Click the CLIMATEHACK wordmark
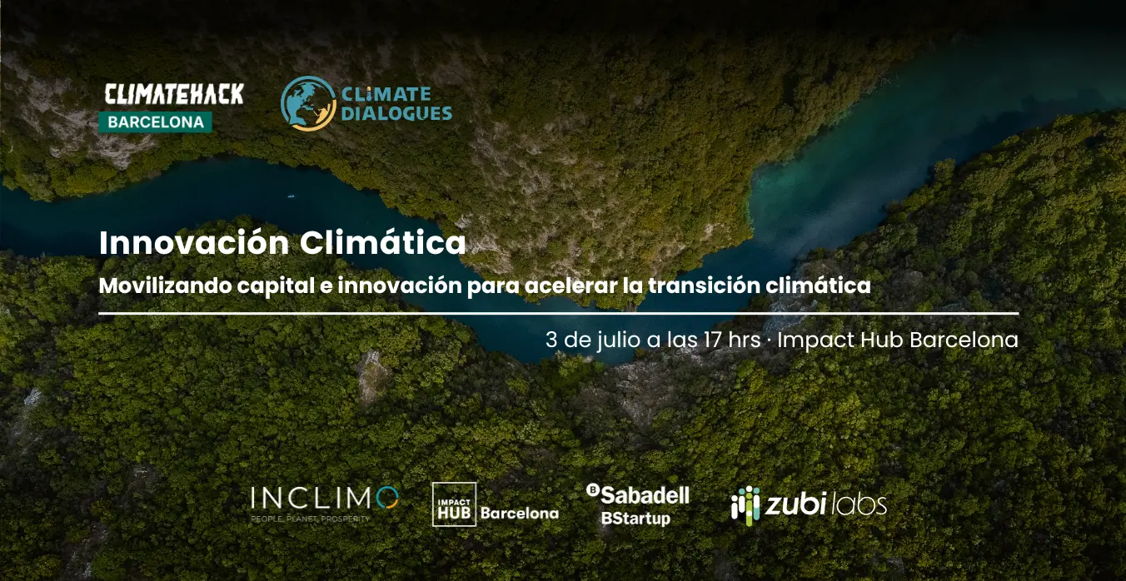click(174, 95)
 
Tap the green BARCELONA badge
click(156, 122)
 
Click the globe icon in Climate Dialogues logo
click(308, 103)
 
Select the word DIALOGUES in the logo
click(396, 113)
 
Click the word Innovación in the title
click(194, 243)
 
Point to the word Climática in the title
click(383, 243)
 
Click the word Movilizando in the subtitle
click(165, 286)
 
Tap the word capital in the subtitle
click(276, 286)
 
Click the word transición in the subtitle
click(704, 286)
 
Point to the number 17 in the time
click(712, 340)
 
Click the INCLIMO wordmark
click(325, 498)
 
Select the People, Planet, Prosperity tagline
click(310, 519)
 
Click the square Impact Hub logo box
click(455, 504)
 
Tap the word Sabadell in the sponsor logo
click(645, 495)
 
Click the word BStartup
click(635, 519)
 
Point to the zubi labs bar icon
click(745, 505)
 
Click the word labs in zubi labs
click(859, 504)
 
